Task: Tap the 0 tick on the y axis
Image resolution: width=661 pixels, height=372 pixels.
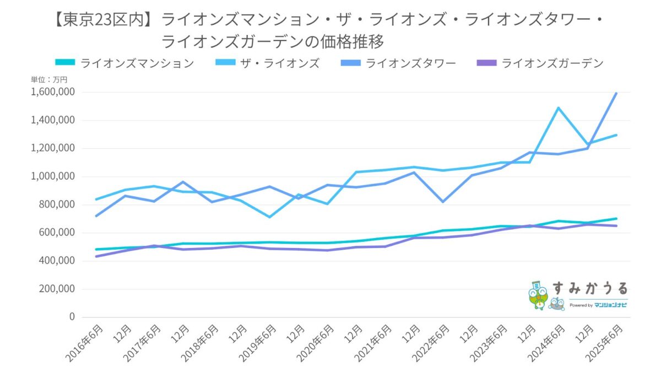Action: [x=72, y=317]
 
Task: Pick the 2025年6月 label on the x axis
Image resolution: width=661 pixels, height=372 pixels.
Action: [x=603, y=342]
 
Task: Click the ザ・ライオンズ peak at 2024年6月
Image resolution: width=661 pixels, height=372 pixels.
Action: [x=559, y=108]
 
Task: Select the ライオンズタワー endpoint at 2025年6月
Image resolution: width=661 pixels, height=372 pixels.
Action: [x=616, y=94]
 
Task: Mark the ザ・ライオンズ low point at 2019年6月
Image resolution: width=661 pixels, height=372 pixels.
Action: [x=269, y=217]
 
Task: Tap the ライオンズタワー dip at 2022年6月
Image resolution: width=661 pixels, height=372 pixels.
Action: [x=442, y=202]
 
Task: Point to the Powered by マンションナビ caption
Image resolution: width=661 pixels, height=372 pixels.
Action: [x=598, y=305]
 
